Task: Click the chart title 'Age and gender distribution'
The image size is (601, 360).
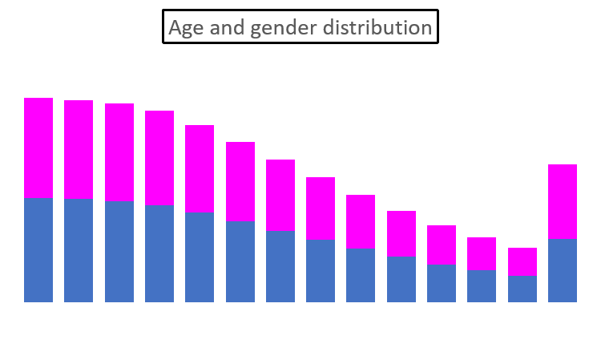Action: coord(300,27)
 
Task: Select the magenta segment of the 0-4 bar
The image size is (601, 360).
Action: coord(38,148)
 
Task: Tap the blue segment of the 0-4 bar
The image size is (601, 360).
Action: coord(38,250)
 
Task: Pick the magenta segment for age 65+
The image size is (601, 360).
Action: coord(563,201)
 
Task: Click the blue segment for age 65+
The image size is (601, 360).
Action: coord(563,270)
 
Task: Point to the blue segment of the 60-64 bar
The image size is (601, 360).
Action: coord(522,289)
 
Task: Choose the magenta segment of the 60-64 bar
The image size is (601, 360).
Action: coord(522,261)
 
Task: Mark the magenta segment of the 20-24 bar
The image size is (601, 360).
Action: coord(200,169)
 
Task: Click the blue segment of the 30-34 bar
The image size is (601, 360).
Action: coord(280,266)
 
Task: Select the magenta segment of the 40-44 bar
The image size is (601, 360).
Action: coord(361,221)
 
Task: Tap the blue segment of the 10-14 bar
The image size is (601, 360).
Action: coord(119,252)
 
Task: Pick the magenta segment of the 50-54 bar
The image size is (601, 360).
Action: coord(442,245)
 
